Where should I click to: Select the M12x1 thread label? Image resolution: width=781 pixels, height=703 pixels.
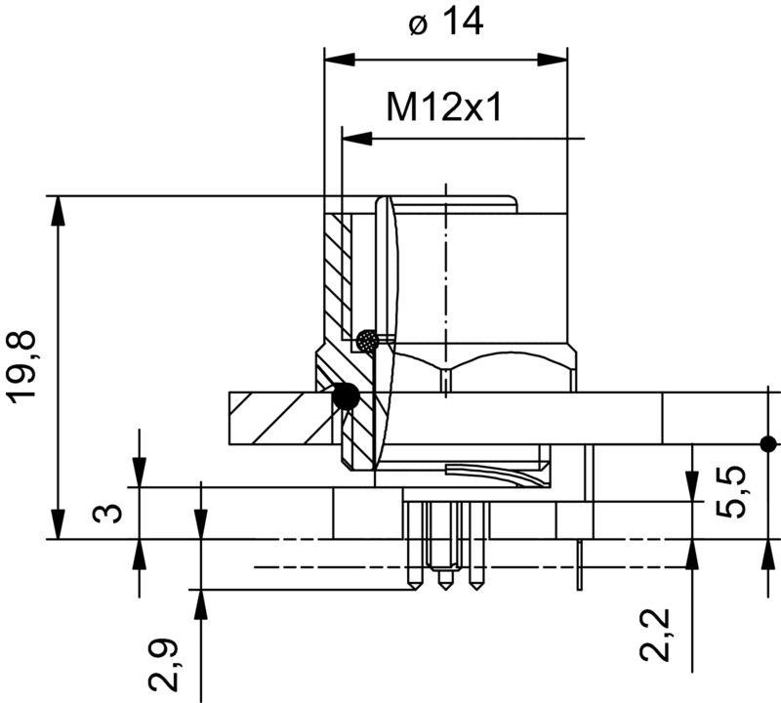pos(444,106)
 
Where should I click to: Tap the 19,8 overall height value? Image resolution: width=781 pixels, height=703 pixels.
pos(24,366)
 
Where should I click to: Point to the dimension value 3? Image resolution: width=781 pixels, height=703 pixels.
pos(113,513)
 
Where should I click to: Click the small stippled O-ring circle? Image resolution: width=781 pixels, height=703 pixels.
pos(367,341)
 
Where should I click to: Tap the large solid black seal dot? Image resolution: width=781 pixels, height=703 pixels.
pos(345,396)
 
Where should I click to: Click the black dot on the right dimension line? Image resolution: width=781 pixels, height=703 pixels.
pos(768,443)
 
